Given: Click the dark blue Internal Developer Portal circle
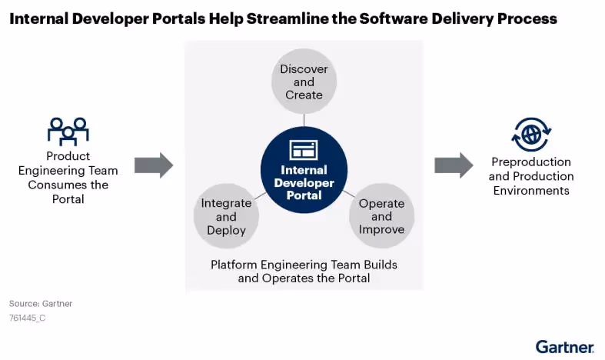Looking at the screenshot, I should click(304, 170).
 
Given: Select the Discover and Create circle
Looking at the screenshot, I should click(304, 82).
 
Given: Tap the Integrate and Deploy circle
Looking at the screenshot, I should click(226, 216).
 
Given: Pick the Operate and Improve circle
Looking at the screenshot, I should click(381, 216).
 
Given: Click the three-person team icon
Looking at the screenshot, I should click(68, 131).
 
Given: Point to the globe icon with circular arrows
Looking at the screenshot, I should click(530, 134).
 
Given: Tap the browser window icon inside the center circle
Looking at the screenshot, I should click(304, 149).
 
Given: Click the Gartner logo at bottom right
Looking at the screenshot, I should click(564, 346).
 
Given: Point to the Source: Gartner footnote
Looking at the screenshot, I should click(41, 304).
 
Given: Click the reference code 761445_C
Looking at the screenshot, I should click(27, 318).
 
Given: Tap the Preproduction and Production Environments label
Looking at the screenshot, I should click(530, 176).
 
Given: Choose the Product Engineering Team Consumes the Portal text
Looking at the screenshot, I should click(68, 178).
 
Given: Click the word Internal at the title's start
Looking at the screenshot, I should click(37, 19).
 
